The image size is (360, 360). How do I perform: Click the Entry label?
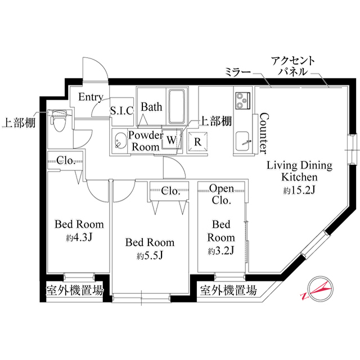pos(90,97)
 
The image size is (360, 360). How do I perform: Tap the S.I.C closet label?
pos(121,110)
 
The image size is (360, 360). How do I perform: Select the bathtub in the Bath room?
pos(178,106)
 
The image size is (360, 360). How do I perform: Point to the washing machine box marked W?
pos(171,138)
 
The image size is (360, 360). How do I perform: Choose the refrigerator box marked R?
pos(197,141)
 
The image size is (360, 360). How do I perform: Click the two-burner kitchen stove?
pos(243,101)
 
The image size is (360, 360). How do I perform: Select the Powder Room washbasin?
pos(119,141)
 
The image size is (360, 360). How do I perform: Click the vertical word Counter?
pos(262,133)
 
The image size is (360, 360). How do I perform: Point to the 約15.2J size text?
pos(299,191)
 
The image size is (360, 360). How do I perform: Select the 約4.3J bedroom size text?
pos(79,237)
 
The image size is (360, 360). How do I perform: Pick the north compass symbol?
pos(316,289)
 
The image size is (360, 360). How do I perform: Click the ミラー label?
pos(237,72)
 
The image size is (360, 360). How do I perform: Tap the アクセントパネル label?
pos(292,66)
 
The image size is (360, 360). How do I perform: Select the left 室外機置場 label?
pos(73,291)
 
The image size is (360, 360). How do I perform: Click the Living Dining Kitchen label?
pos(299,171)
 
